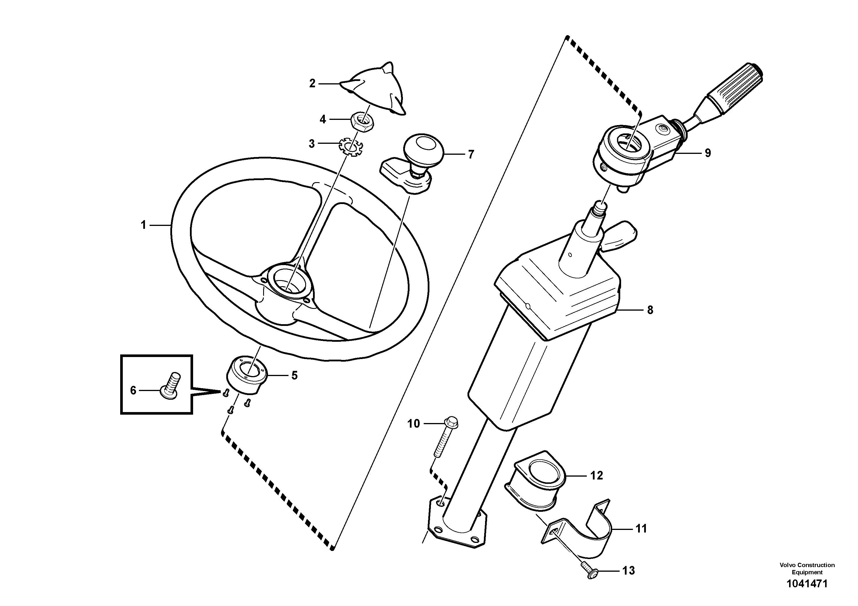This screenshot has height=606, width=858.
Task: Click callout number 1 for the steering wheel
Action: pyautogui.click(x=143, y=225)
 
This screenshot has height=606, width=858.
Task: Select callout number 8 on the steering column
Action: pyautogui.click(x=650, y=310)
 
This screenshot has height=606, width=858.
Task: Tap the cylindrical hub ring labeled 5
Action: pyautogui.click(x=247, y=375)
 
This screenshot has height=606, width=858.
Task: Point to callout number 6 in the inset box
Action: pyautogui.click(x=133, y=390)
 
